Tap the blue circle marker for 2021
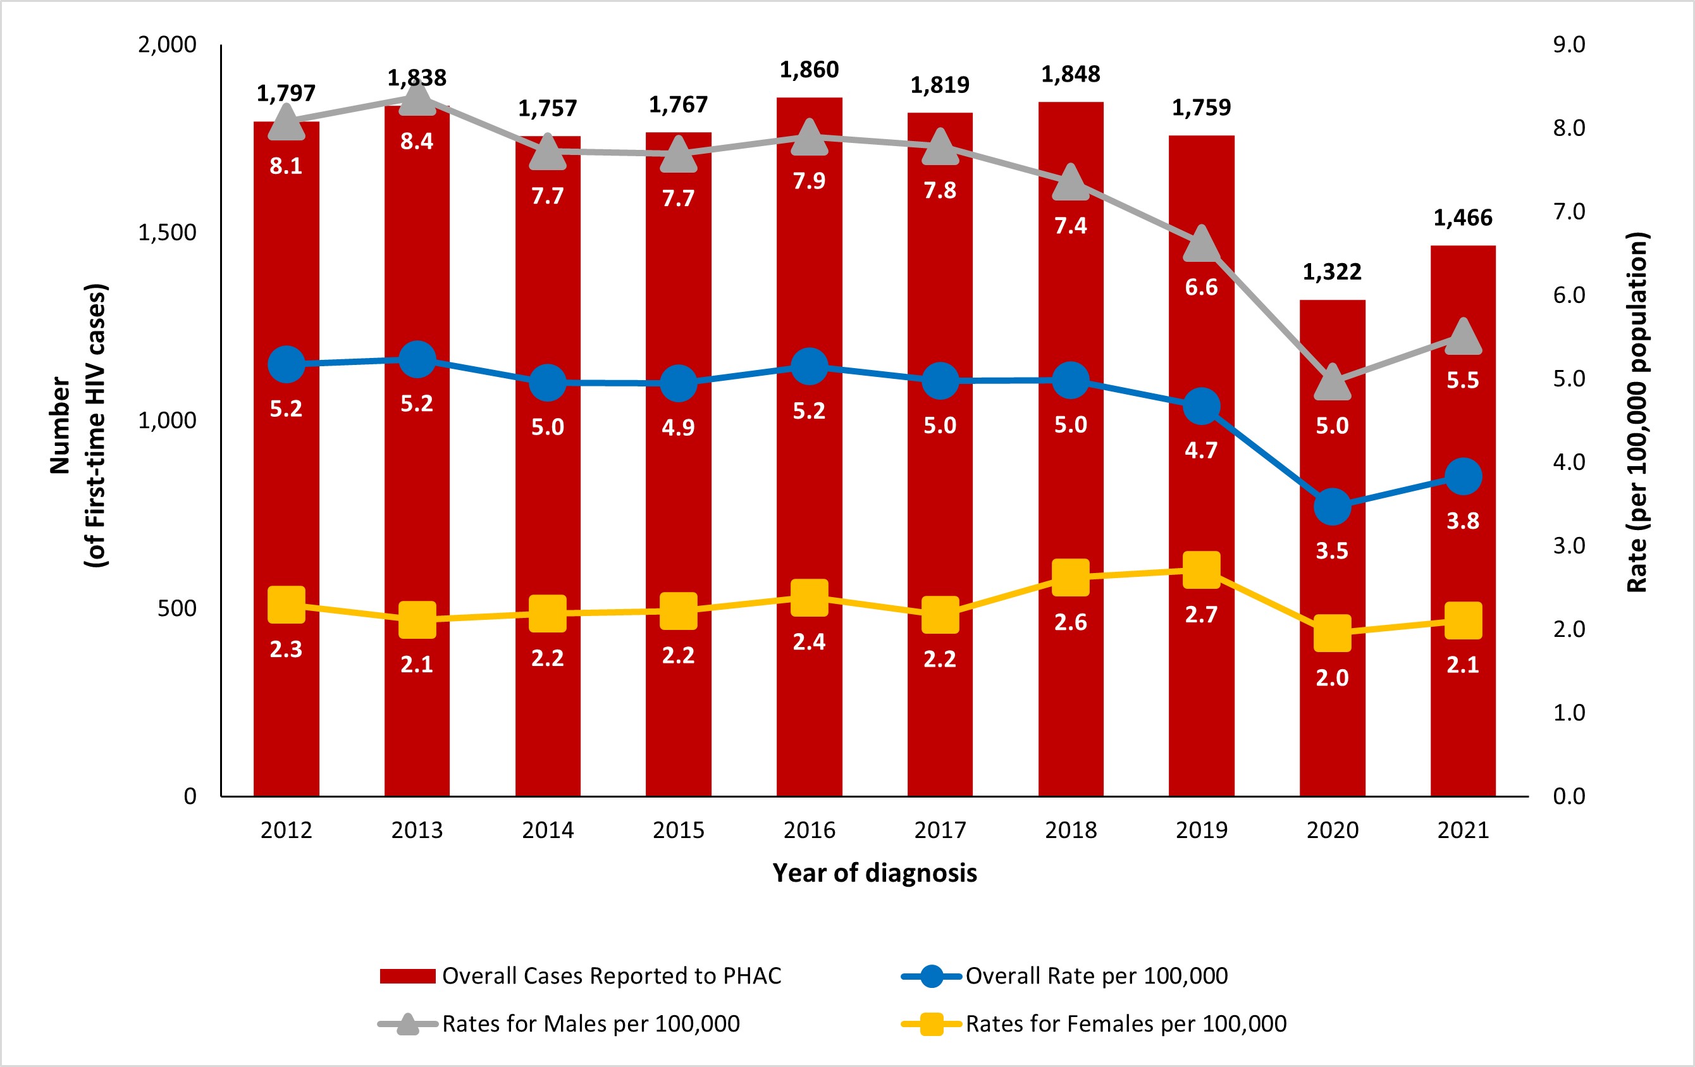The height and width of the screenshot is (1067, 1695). [1464, 476]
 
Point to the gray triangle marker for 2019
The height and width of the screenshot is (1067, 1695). [1202, 245]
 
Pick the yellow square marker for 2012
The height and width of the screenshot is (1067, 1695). [287, 605]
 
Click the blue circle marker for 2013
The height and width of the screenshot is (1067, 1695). [417, 360]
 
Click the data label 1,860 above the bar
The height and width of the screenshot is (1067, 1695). [809, 70]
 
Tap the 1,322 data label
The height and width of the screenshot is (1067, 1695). [1332, 272]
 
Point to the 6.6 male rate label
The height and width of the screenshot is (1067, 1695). [1201, 287]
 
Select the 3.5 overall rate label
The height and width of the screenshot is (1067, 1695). [1332, 550]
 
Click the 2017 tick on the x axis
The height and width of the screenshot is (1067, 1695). [940, 830]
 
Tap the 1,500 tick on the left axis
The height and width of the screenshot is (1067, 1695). [167, 232]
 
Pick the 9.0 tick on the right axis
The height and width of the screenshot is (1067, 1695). [1569, 44]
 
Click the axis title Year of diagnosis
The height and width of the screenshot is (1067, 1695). [874, 873]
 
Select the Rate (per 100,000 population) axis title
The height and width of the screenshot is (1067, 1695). [1637, 412]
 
